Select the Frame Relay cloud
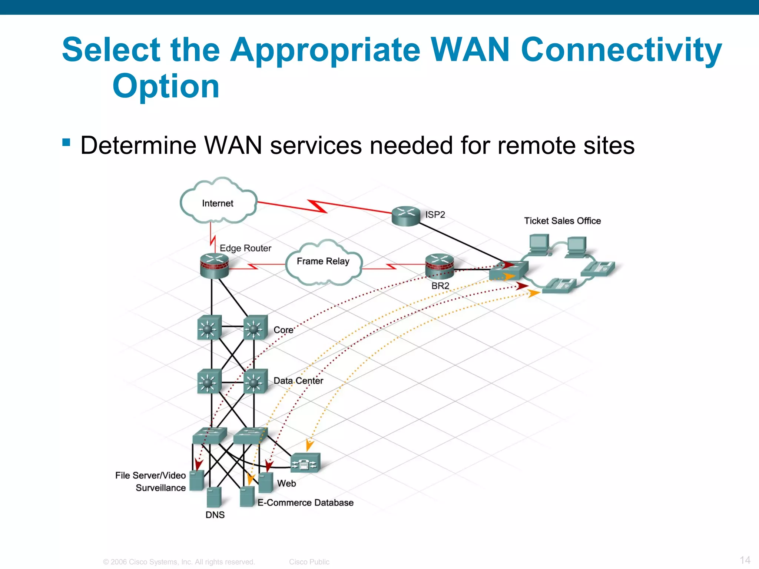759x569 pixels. coord(323,263)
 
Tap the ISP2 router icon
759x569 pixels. coord(406,216)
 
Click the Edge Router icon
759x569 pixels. coord(214,265)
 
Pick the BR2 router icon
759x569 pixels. coord(440,266)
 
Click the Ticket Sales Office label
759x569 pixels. coord(562,221)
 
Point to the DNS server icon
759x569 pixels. coord(214,497)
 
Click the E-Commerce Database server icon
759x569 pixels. coord(247,496)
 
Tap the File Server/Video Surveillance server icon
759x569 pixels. coord(196,480)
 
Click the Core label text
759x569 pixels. coord(284,330)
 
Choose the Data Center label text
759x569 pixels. coord(298,380)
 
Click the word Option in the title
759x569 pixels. coord(166,86)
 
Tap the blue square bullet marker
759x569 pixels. coord(66,142)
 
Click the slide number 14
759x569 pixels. coord(745,560)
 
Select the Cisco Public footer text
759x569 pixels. coord(309,562)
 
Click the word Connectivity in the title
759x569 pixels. coord(621,50)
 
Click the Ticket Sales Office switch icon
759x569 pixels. coord(508,270)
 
